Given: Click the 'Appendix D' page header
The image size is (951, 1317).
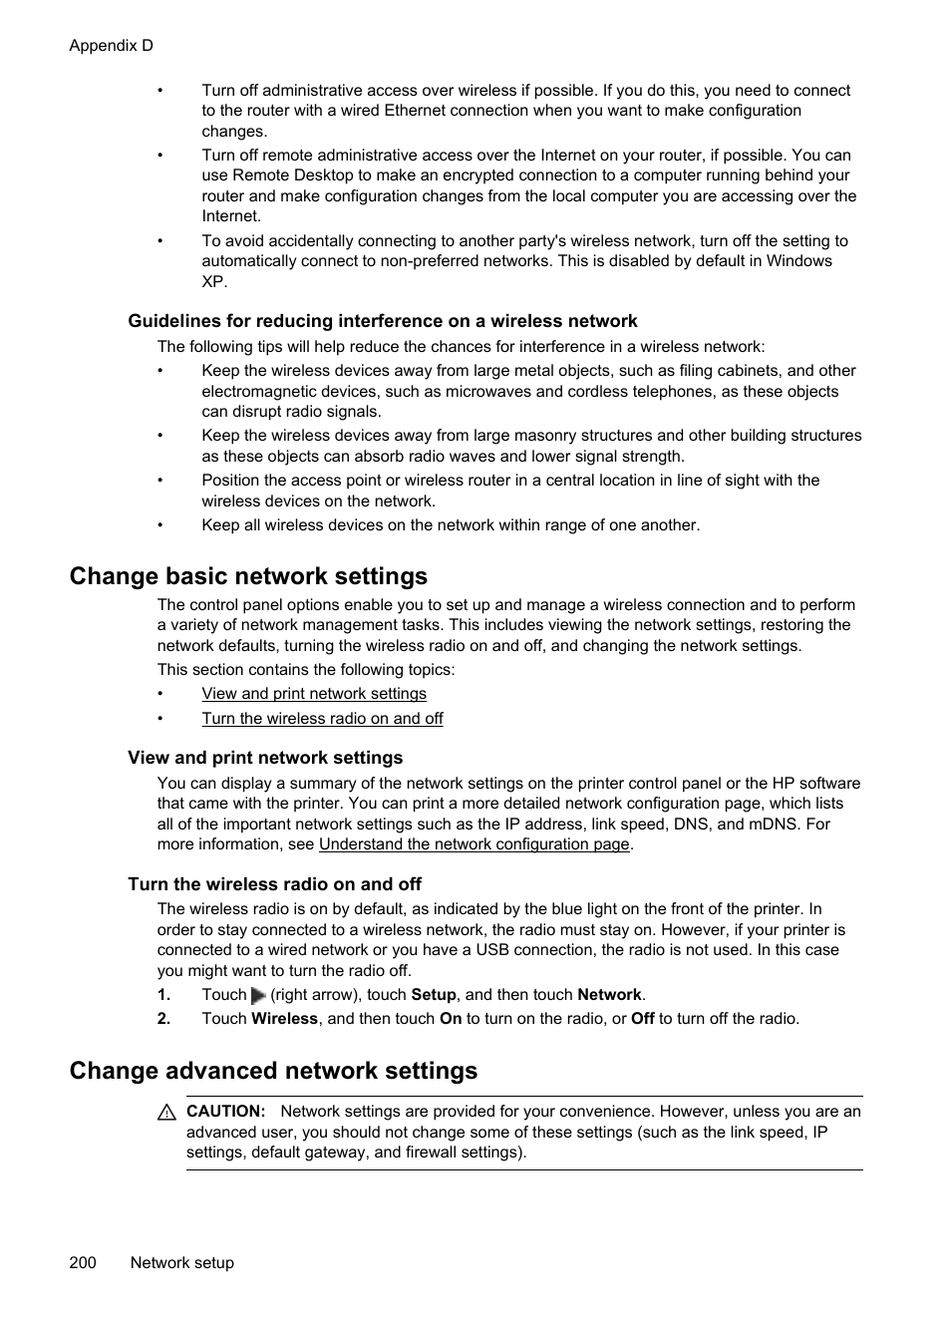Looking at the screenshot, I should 111,46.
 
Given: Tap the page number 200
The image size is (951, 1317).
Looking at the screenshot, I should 83,1262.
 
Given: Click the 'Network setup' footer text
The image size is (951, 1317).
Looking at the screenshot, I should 181,1262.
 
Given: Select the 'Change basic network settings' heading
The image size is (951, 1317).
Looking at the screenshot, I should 248,576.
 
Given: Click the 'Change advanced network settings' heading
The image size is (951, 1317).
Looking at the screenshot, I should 273,1071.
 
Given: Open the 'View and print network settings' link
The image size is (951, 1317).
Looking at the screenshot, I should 313,694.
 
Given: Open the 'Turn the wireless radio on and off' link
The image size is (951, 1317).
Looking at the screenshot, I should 322,719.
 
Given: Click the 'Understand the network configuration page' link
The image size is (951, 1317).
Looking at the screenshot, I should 474,844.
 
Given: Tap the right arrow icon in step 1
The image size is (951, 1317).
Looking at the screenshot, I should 258,995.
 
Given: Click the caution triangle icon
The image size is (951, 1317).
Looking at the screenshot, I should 166,1113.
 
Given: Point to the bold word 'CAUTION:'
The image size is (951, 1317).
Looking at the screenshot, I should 225,1112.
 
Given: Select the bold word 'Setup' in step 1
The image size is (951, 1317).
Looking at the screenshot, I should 433,995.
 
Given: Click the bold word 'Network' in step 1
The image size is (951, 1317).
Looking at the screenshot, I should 609,995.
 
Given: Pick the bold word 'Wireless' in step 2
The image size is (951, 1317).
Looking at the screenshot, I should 284,1019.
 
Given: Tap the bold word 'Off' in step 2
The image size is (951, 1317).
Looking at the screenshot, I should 642,1019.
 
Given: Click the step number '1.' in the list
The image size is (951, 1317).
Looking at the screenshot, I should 163,995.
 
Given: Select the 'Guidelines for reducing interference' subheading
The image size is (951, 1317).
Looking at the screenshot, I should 382,321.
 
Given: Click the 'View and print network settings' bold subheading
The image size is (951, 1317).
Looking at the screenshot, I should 265,758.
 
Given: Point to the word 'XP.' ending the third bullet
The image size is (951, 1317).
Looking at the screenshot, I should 214,282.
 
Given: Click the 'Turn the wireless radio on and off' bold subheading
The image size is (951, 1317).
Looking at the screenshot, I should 274,884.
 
